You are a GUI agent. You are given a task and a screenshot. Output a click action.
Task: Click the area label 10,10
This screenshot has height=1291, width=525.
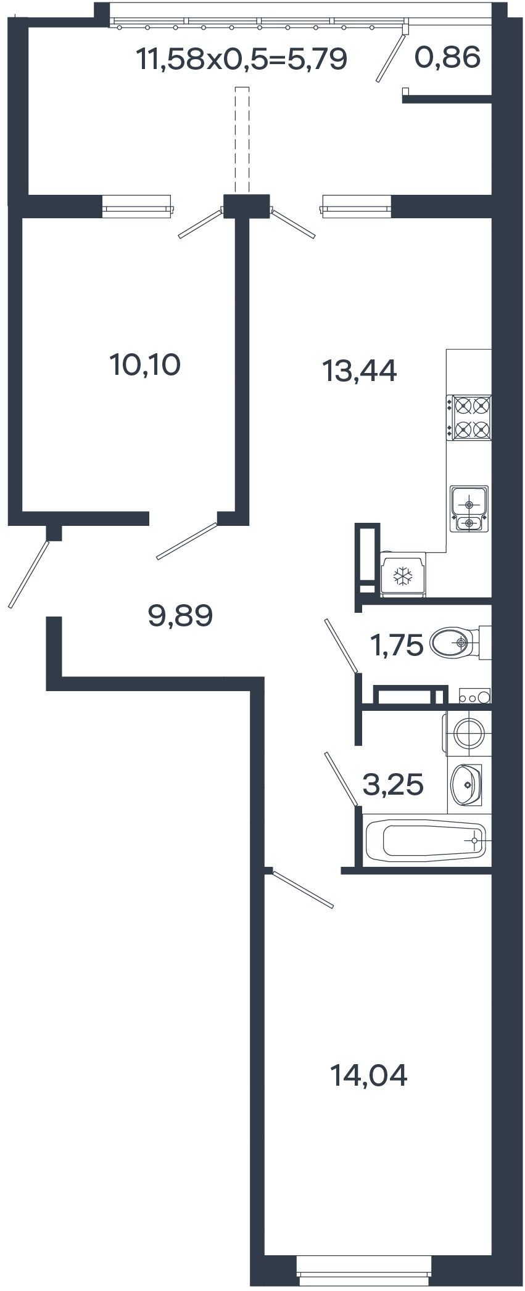tap(145, 365)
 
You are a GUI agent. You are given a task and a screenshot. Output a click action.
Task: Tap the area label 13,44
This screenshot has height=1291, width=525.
tap(360, 371)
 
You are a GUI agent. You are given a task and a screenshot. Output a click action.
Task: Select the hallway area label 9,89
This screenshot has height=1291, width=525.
tap(181, 615)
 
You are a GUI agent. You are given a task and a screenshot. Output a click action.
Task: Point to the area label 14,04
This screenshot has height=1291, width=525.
tap(369, 1076)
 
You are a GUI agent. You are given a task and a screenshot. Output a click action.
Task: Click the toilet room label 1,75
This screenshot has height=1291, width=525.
tap(396, 645)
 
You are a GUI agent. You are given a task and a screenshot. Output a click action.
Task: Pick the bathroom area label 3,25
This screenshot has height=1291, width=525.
tap(393, 785)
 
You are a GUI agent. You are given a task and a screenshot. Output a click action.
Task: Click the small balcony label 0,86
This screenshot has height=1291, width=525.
tap(447, 58)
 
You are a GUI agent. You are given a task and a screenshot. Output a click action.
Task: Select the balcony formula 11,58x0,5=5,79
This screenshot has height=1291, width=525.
tap(242, 60)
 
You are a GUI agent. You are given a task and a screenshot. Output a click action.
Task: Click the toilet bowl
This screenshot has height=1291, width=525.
tap(459, 643)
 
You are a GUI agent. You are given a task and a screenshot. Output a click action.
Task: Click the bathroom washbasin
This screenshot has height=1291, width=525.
tap(466, 785)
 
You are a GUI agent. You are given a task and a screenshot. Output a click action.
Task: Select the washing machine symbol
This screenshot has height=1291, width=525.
tap(468, 734)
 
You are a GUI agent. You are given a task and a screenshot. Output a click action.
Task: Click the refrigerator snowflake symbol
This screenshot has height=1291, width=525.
tap(403, 576)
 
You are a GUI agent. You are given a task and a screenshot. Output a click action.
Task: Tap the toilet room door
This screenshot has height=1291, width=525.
tap(341, 646)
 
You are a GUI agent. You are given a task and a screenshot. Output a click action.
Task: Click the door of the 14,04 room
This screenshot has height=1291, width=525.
tap(302, 889)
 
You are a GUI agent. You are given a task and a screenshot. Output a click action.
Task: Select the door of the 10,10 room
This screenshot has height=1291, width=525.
tap(187, 541)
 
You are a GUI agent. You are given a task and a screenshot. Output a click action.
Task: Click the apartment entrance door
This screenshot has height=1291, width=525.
tap(28, 574)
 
